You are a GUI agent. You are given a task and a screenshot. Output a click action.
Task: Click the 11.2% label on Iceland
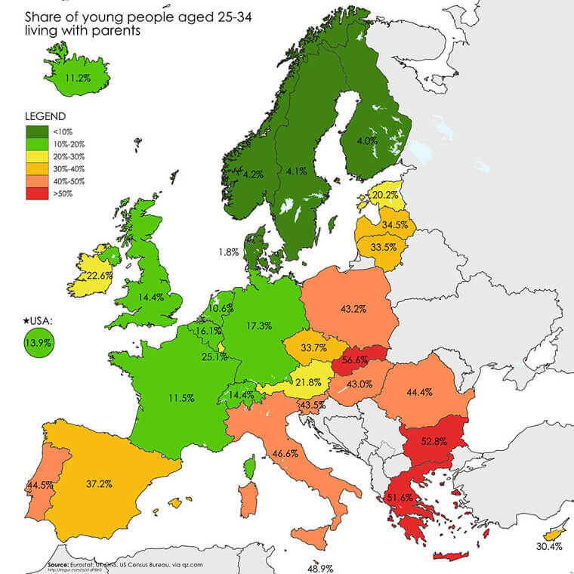coord(78,77)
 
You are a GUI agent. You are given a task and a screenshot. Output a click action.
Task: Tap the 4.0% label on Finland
coord(368,140)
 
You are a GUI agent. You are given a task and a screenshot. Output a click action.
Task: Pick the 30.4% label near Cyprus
coord(548,545)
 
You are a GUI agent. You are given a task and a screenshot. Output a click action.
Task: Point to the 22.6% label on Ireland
coord(98,276)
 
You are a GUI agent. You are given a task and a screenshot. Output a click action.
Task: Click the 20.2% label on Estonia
coord(386,194)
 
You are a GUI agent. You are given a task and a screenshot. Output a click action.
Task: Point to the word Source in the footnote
coord(57,563)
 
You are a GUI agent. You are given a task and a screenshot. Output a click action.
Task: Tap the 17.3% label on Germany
coord(258,326)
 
